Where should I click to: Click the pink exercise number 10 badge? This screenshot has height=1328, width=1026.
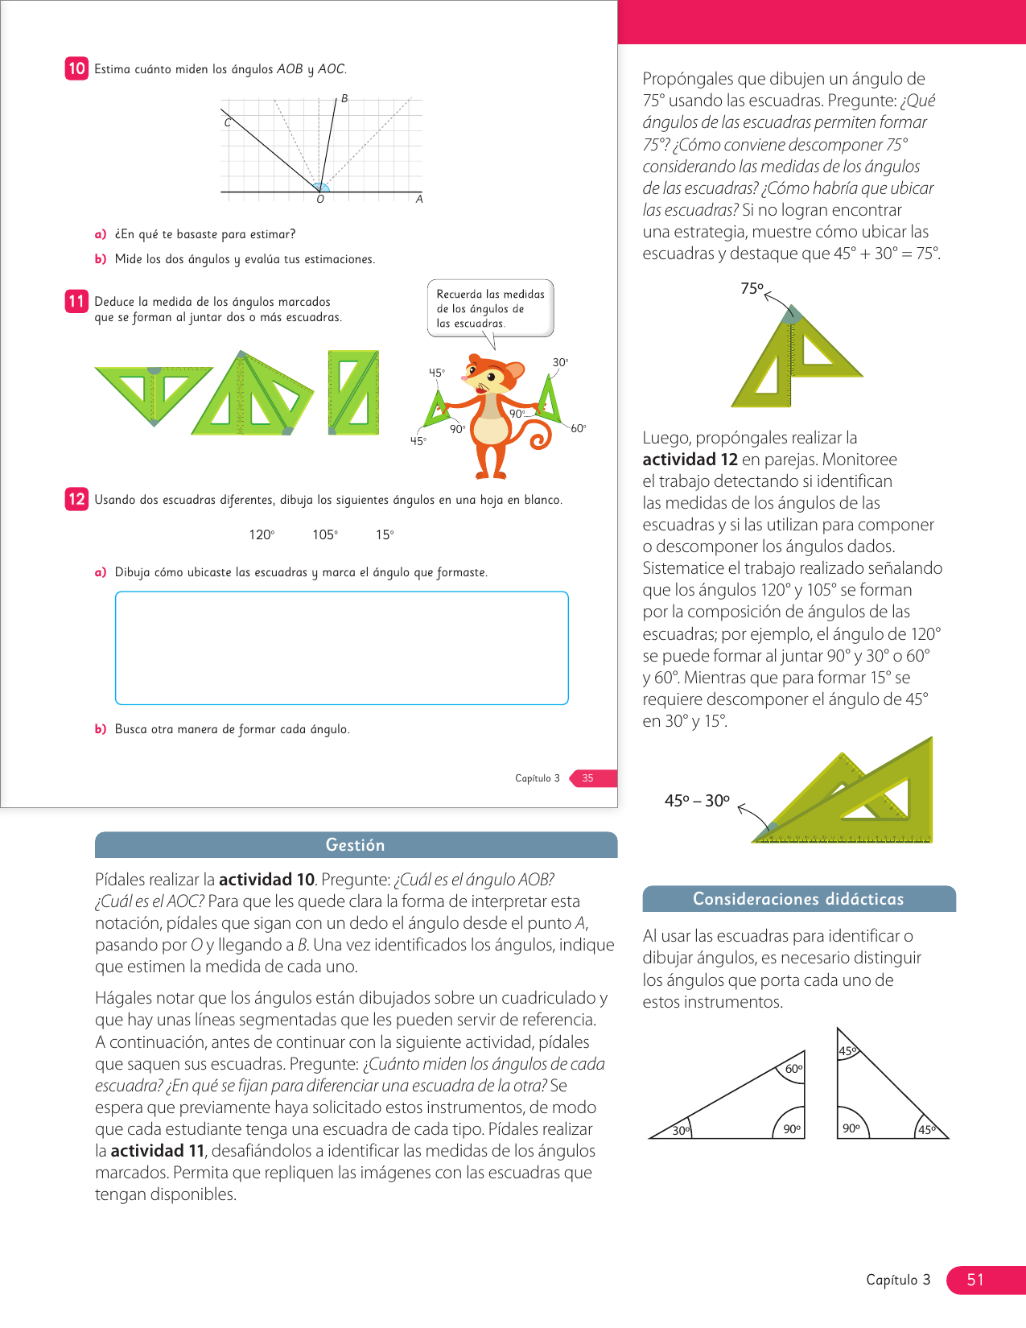pos(76,68)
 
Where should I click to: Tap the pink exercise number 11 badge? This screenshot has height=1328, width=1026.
pos(76,301)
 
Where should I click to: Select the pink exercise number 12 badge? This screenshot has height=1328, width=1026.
pos(76,499)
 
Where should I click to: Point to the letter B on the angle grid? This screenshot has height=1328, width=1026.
pos(344,99)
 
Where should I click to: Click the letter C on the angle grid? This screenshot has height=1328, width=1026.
pos(228,123)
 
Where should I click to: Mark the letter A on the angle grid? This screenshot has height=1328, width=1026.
pos(419,199)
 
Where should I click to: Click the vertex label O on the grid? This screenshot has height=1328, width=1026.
pos(320,200)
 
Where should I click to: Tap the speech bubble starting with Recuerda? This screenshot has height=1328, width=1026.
pos(490,308)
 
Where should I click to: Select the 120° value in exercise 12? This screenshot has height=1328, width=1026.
pos(262,535)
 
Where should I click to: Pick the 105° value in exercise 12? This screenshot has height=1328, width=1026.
pos(325,535)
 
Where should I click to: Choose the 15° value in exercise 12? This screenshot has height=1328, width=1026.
pos(385,535)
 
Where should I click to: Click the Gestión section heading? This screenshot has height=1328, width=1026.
pos(356,845)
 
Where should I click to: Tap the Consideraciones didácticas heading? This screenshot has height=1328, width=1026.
pos(798,899)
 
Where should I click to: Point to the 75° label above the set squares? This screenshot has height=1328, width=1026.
pos(752,288)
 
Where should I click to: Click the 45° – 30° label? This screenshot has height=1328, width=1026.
pos(697,801)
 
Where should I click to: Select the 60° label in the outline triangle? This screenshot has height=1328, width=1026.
pos(793,1069)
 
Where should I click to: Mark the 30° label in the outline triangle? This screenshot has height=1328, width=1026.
pos(681,1131)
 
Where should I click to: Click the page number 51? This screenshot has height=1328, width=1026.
pos(975,1280)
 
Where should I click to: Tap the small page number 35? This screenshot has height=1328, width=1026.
pos(588,778)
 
